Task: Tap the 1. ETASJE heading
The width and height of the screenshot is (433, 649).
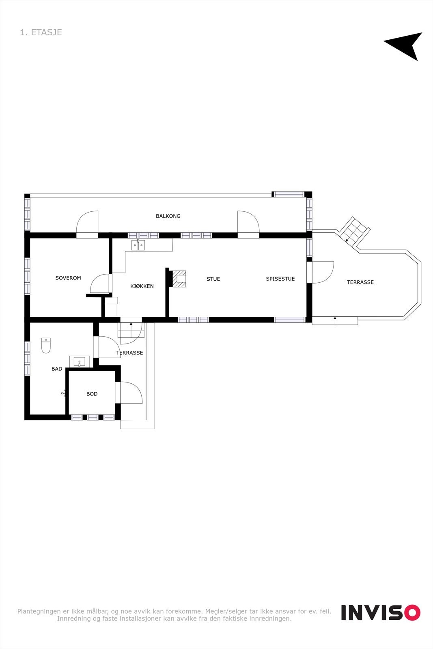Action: pyautogui.click(x=41, y=32)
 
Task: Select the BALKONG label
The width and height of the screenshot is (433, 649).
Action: pyautogui.click(x=168, y=216)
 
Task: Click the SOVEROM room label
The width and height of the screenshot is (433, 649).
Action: pyautogui.click(x=68, y=278)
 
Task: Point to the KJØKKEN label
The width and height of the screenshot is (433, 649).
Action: pyautogui.click(x=142, y=286)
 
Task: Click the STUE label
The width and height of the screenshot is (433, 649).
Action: pyautogui.click(x=213, y=279)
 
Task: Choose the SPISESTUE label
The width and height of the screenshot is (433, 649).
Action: pyautogui.click(x=280, y=279)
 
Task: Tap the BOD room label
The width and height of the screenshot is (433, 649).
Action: pyautogui.click(x=92, y=394)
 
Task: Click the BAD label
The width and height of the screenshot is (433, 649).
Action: pyautogui.click(x=57, y=369)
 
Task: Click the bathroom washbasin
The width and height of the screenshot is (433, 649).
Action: pyautogui.click(x=80, y=361)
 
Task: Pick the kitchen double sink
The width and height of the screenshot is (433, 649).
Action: pyautogui.click(x=138, y=245)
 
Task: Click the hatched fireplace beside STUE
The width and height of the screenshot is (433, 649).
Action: pyautogui.click(x=179, y=279)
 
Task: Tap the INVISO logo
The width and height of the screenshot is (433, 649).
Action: pyautogui.click(x=380, y=612)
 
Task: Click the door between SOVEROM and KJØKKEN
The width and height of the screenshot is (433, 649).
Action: pyautogui.click(x=100, y=284)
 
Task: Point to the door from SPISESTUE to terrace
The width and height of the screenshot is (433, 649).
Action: pyautogui.click(x=322, y=272)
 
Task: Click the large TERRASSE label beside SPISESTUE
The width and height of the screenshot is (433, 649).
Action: pyautogui.click(x=360, y=282)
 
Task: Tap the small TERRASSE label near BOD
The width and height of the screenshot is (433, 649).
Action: pyautogui.click(x=129, y=353)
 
